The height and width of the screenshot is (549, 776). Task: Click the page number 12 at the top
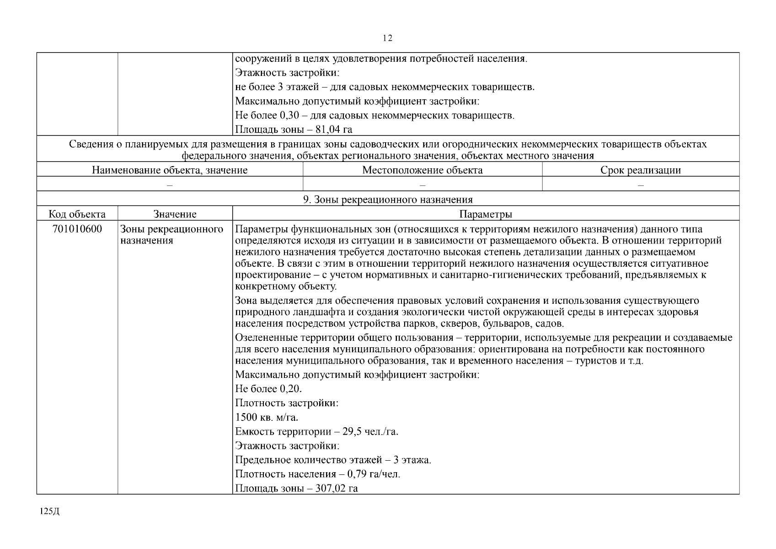pyautogui.click(x=387, y=38)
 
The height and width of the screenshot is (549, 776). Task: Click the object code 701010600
pyautogui.click(x=77, y=229)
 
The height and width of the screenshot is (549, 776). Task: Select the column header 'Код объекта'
pyautogui.click(x=77, y=214)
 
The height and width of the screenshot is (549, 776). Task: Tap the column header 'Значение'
pyautogui.click(x=175, y=214)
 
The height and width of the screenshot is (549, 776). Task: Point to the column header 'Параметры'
pyautogui.click(x=485, y=214)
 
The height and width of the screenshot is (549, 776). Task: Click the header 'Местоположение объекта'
pyautogui.click(x=422, y=170)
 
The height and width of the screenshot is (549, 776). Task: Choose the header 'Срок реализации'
pyautogui.click(x=640, y=170)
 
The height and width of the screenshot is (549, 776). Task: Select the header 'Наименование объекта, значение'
pyautogui.click(x=170, y=170)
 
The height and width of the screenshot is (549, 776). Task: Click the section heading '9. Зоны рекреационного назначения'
pyautogui.click(x=388, y=199)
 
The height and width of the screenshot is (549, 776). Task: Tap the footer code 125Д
pyautogui.click(x=50, y=511)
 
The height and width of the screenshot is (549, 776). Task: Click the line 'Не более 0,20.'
pyautogui.click(x=268, y=389)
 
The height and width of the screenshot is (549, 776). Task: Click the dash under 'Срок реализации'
pyautogui.click(x=640, y=185)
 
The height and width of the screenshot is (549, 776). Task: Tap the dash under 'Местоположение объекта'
pyautogui.click(x=422, y=185)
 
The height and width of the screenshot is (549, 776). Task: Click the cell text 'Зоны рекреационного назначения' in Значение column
pyautogui.click(x=171, y=235)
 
